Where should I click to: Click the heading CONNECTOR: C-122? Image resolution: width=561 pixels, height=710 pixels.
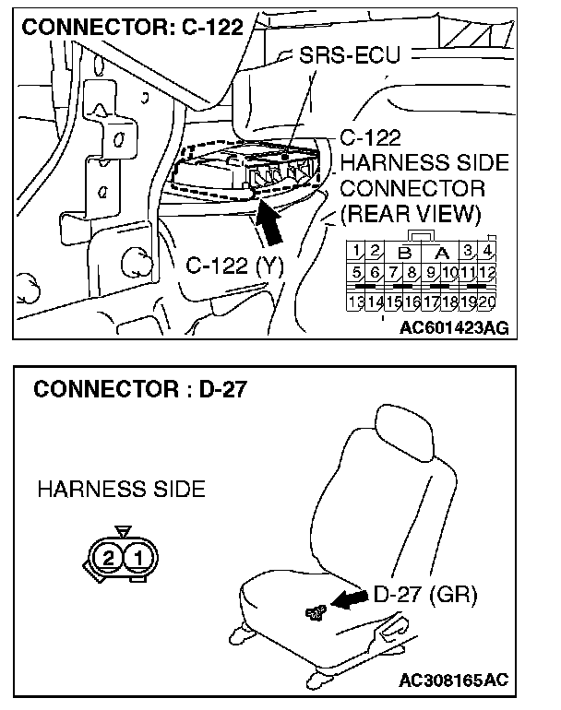pyautogui.click(x=132, y=27)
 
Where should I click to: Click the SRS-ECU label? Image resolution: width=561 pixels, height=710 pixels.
pyautogui.click(x=351, y=56)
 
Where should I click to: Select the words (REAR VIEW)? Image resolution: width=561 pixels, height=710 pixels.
pyautogui.click(x=411, y=214)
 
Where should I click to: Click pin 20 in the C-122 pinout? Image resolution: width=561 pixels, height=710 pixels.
pyautogui.click(x=488, y=302)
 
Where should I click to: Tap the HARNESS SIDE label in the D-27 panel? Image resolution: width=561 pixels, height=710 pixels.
pyautogui.click(x=121, y=489)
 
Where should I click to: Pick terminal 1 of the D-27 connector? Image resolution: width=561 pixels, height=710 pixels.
pyautogui.click(x=137, y=557)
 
